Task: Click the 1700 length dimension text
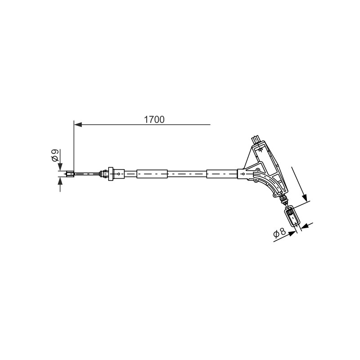click(154, 120)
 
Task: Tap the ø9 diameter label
click(55, 155)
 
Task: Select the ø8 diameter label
click(279, 233)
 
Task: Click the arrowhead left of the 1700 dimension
click(78, 125)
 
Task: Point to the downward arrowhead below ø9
click(60, 166)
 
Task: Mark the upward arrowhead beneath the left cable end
click(60, 181)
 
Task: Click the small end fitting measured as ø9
click(70, 174)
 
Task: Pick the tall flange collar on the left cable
click(111, 174)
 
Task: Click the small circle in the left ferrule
click(119, 174)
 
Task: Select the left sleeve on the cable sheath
click(152, 174)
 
